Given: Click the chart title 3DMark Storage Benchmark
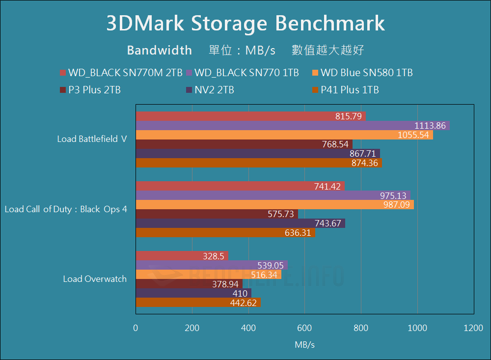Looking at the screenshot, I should pos(245,24).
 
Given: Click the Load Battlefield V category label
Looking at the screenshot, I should pos(92,139).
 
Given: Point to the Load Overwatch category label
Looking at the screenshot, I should pos(95,279).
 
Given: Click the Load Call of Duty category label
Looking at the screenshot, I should pos(66,209).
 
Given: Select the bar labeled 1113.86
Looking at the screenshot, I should pos(293,126).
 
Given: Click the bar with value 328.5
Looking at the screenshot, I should pos(182,256).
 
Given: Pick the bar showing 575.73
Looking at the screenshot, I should pos(217,214).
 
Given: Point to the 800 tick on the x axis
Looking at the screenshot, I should pos(361,329).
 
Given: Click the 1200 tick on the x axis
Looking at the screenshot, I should pos(473,329).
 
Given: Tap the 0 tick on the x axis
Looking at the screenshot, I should pos(136,329).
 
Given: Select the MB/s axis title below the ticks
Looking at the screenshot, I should pos(304,345).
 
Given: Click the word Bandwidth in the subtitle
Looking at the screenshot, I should pos(159,50).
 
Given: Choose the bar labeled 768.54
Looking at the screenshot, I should pos(244,144).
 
